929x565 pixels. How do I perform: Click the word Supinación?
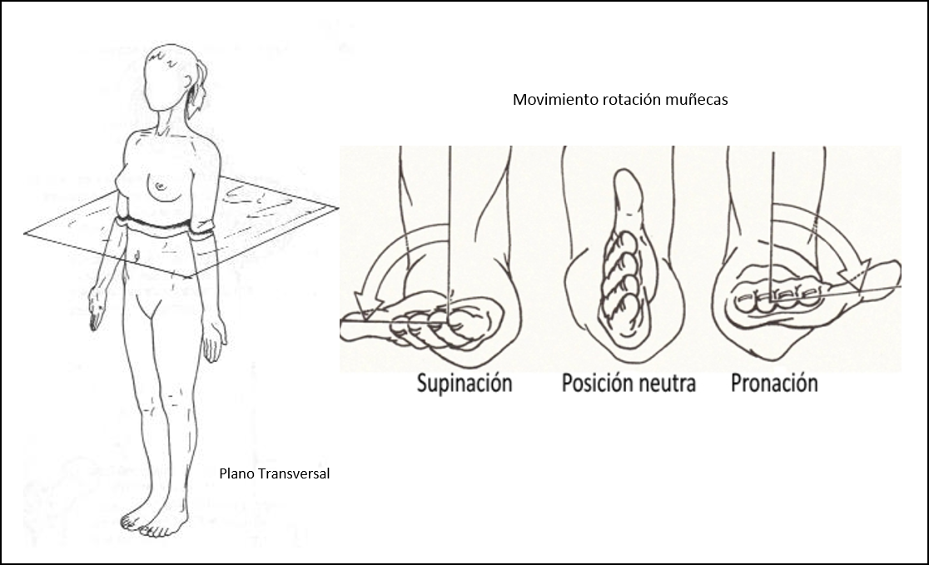coord(464,383)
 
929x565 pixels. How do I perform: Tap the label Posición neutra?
coord(628,383)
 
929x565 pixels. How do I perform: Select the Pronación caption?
coord(774,383)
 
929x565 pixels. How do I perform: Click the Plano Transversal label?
coord(275,473)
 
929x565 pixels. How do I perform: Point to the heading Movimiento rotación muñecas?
coord(621,100)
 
